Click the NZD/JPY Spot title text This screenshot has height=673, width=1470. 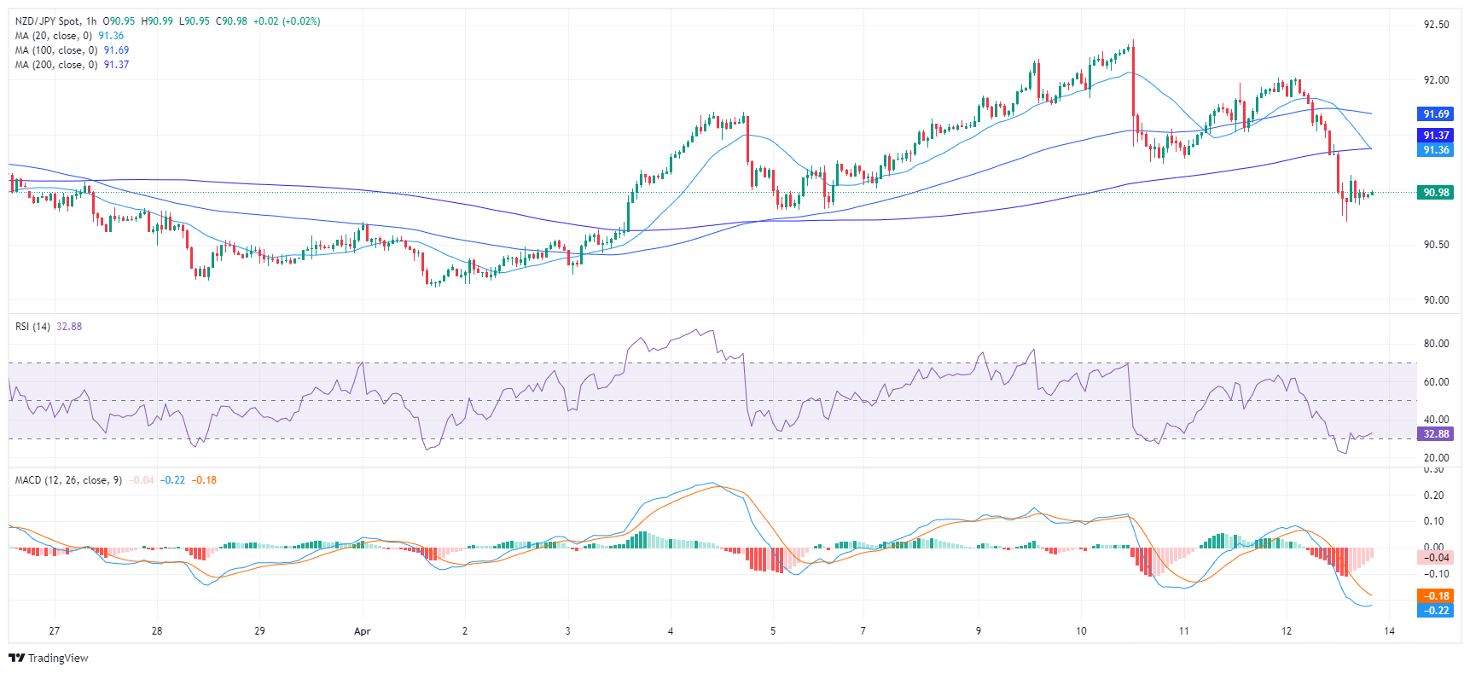49,21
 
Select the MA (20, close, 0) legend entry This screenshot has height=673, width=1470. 53,36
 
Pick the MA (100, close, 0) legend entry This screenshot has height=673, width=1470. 55,50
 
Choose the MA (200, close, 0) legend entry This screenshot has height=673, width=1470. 55,65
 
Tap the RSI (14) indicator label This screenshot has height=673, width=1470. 32,327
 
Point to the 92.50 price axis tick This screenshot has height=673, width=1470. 1436,25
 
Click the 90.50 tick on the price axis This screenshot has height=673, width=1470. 1436,245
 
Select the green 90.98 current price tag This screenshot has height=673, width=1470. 1435,193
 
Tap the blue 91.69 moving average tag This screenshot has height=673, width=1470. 1435,114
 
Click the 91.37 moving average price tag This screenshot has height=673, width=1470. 1435,136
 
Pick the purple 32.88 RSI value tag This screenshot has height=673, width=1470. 1435,434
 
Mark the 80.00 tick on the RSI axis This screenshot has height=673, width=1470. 1436,344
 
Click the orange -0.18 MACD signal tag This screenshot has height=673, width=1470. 1435,596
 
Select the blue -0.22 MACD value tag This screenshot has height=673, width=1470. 1435,611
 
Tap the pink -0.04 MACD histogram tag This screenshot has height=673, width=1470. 1435,558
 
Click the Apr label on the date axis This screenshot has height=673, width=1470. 363,631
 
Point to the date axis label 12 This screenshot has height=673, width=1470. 1287,631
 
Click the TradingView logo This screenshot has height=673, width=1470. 49,658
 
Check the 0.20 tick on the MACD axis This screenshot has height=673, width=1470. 1436,496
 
